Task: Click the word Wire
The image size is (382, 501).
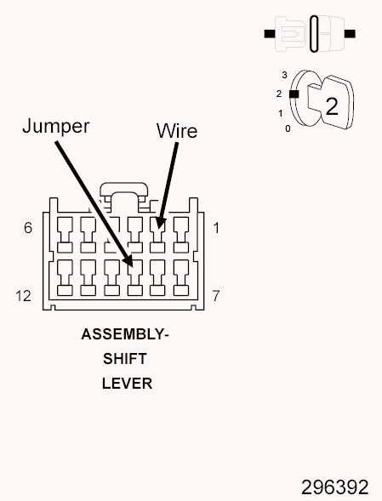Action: coord(177,131)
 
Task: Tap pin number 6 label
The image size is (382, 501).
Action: coord(28,228)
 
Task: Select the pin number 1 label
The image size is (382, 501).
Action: coord(216,228)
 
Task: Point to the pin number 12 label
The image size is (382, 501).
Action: coord(23,296)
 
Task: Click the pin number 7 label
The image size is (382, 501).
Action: coord(216,296)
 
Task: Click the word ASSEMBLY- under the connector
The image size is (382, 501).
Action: coord(125,334)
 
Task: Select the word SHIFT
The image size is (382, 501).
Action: coord(125,359)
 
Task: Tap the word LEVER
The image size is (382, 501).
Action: coord(127,384)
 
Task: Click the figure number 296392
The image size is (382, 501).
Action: coord(335,487)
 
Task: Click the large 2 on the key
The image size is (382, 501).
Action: coord(332,106)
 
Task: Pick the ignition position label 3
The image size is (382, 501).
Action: coord(284,75)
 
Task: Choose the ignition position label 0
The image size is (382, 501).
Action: coord(288,128)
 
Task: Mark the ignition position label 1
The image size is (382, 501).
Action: coord(281,113)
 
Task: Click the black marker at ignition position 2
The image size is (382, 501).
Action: coord(294,94)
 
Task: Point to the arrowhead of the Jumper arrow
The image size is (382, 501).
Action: coord(128,261)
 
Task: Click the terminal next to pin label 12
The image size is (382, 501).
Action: coord(65,277)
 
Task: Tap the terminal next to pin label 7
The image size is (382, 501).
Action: coord(181,277)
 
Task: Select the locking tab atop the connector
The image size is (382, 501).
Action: coord(124,189)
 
